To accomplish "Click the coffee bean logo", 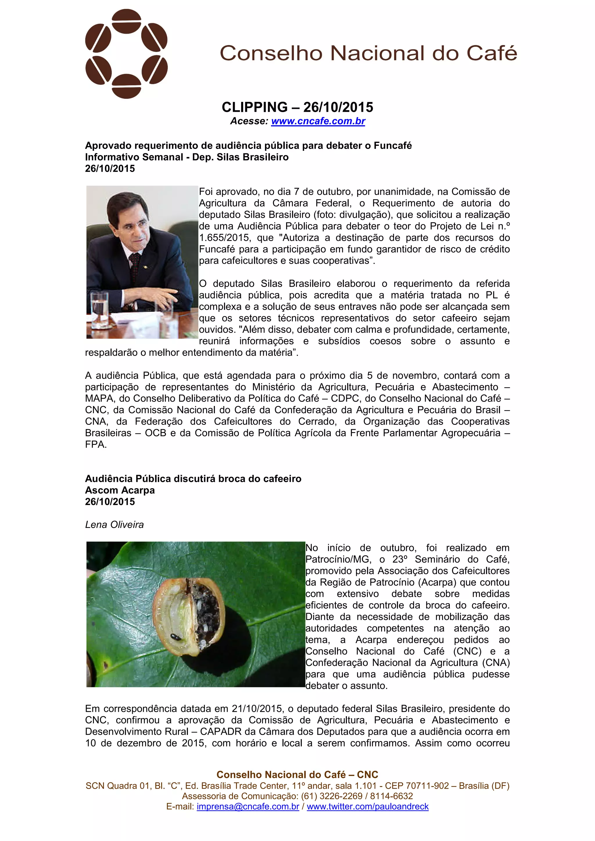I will click(126, 54).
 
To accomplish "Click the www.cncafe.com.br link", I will click(318, 121).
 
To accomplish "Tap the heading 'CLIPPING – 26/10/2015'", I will click(297, 107).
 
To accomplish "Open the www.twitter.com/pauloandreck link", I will click(368, 806).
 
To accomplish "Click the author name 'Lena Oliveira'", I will click(114, 524).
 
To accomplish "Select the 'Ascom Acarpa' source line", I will click(120, 490).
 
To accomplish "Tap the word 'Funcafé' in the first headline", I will click(393, 146).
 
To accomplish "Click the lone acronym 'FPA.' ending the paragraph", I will click(96, 445).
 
